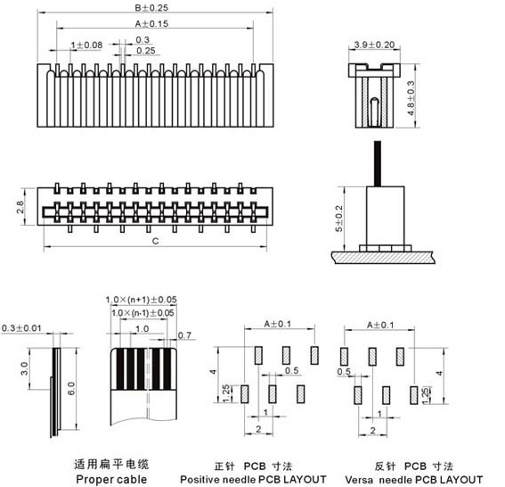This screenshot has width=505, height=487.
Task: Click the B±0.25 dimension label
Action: pyautogui.click(x=151, y=7)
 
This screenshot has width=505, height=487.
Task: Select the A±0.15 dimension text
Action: pyautogui.click(x=151, y=23)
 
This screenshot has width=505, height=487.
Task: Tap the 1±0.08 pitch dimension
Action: pyautogui.click(x=86, y=45)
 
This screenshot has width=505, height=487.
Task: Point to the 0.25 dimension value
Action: pyautogui.click(x=146, y=51)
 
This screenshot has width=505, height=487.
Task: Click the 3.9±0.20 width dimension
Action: pyautogui.click(x=374, y=45)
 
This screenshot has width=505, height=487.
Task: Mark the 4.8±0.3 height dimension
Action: pyautogui.click(x=411, y=98)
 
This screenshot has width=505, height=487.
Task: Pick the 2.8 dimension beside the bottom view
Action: pyautogui.click(x=20, y=207)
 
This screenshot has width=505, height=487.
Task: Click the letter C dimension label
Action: pyautogui.click(x=155, y=241)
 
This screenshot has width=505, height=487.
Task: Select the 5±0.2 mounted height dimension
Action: pyautogui.click(x=338, y=219)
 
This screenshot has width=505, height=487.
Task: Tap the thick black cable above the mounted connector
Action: pyautogui.click(x=378, y=163)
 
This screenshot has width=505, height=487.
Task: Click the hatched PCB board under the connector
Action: pyautogui.click(x=383, y=258)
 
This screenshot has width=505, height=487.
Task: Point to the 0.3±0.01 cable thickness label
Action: pyautogui.click(x=21, y=328)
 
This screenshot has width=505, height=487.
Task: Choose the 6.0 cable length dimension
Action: pyautogui.click(x=71, y=388)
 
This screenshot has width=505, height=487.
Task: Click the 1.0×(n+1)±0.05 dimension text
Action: pyautogui.click(x=141, y=300)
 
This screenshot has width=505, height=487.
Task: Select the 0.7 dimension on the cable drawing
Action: pyautogui.click(x=184, y=335)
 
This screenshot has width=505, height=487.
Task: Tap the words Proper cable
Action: pyautogui.click(x=111, y=479)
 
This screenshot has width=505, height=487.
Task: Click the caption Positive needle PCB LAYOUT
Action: pyautogui.click(x=253, y=479)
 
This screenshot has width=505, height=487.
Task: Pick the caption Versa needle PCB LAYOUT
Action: pyautogui.click(x=414, y=480)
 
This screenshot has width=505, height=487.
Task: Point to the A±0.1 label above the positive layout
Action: pyautogui.click(x=278, y=324)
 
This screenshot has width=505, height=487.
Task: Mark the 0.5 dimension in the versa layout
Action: pyautogui.click(x=344, y=372)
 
